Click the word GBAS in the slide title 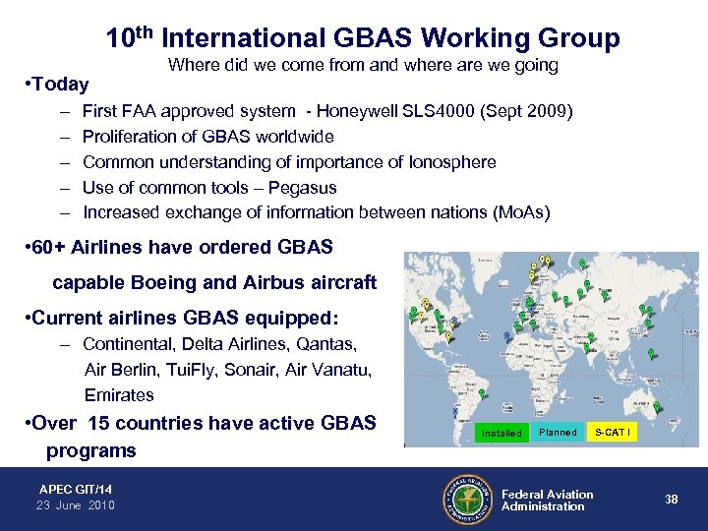377,38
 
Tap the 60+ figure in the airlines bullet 52,247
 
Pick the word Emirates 119,394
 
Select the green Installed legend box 501,433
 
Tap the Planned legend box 558,433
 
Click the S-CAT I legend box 614,433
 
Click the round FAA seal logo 466,500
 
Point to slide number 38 671,500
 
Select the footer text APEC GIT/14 75,489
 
